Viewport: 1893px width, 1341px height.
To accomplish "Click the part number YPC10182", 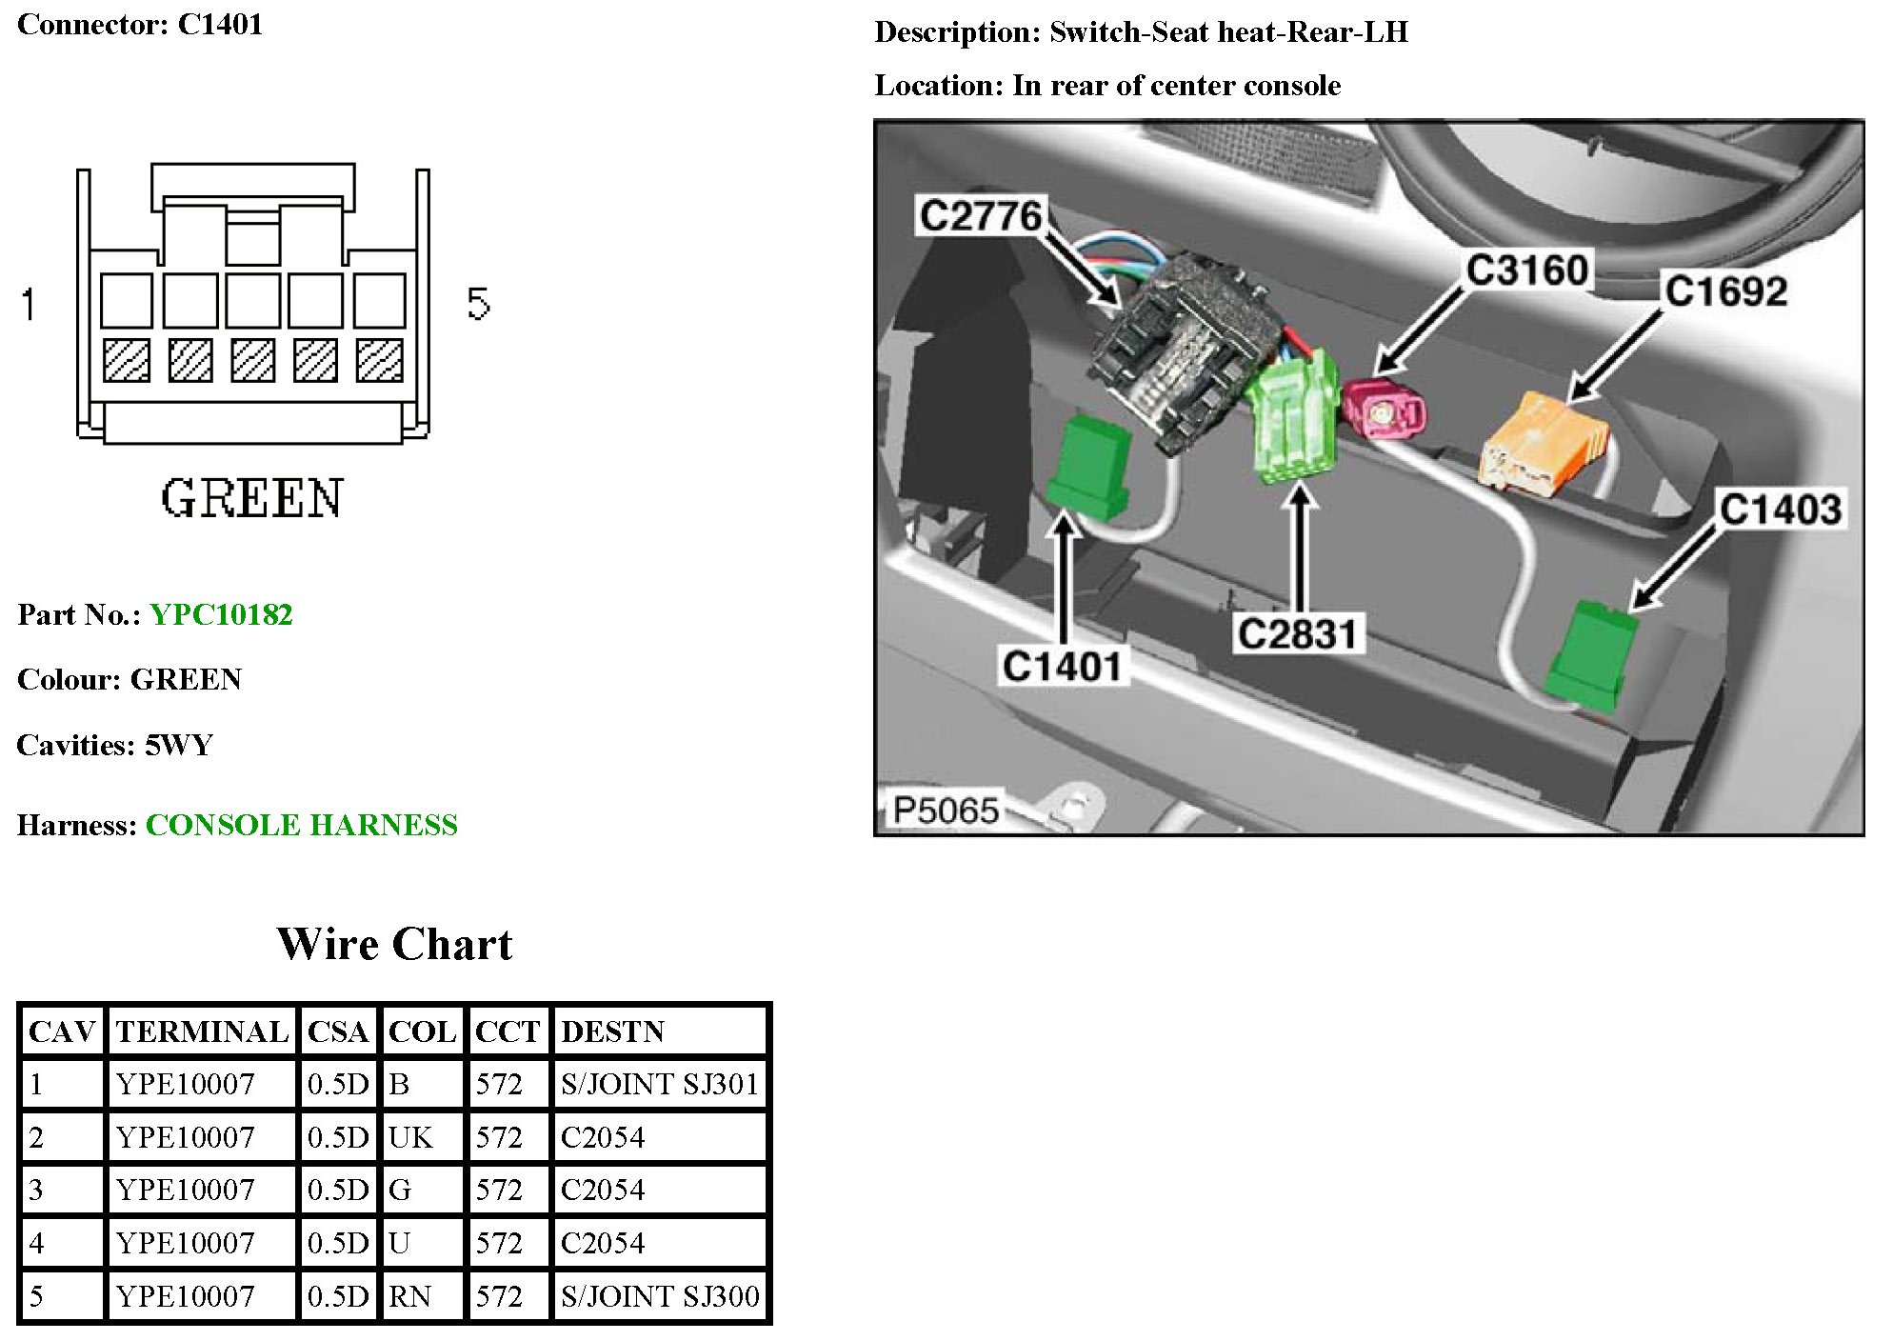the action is pyautogui.click(x=221, y=614).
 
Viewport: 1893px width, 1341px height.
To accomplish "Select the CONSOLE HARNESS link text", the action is pyautogui.click(x=301, y=825).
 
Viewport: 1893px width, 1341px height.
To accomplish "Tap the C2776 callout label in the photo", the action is pyautogui.click(x=980, y=215).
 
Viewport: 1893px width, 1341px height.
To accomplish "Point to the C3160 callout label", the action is pyautogui.click(x=1526, y=270).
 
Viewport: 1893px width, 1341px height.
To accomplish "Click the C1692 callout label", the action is pyautogui.click(x=1725, y=290).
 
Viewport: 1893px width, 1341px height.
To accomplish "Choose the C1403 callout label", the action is pyautogui.click(x=1780, y=509).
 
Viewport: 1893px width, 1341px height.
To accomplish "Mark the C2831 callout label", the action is pyautogui.click(x=1297, y=633).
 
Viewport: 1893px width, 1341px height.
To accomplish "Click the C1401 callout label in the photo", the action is pyautogui.click(x=1062, y=666).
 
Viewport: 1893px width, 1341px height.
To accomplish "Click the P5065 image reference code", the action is pyautogui.click(x=946, y=811).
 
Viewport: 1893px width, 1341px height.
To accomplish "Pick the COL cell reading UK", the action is pyautogui.click(x=410, y=1137).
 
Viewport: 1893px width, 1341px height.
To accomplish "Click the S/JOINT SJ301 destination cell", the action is pyautogui.click(x=659, y=1084).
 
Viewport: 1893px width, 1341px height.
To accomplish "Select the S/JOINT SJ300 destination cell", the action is pyautogui.click(x=659, y=1296).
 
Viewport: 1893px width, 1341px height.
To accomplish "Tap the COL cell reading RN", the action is pyautogui.click(x=410, y=1296).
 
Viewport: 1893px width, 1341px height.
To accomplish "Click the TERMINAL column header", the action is pyautogui.click(x=202, y=1031).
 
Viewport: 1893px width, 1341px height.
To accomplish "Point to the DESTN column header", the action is pyautogui.click(x=612, y=1031).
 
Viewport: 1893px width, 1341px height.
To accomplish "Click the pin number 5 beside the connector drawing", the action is pyautogui.click(x=478, y=304).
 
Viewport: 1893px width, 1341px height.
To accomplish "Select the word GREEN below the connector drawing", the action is pyautogui.click(x=251, y=499).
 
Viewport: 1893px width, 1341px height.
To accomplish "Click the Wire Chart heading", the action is pyautogui.click(x=394, y=944).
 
